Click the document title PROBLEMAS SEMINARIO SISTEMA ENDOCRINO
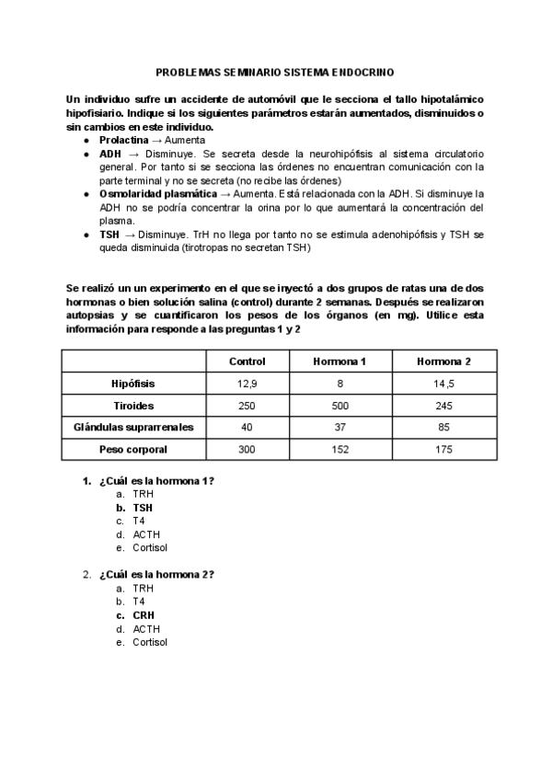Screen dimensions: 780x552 (x=276, y=71)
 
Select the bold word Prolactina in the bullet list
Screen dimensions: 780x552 (x=123, y=138)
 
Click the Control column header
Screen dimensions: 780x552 (x=247, y=361)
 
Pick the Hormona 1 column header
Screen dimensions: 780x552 (x=339, y=361)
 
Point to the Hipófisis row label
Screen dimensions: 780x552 (x=134, y=384)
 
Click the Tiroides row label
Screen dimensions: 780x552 (x=134, y=406)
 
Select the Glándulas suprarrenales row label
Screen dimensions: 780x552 (x=134, y=428)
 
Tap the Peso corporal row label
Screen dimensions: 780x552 (x=134, y=450)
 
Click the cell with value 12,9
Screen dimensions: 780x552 (x=247, y=384)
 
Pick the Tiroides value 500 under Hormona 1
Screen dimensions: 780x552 (x=339, y=406)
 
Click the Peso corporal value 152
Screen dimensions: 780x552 (x=339, y=450)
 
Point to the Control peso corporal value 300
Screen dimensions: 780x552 (x=247, y=450)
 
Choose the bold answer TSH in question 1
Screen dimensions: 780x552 (x=143, y=507)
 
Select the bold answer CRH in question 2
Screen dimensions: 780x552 (x=143, y=615)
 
